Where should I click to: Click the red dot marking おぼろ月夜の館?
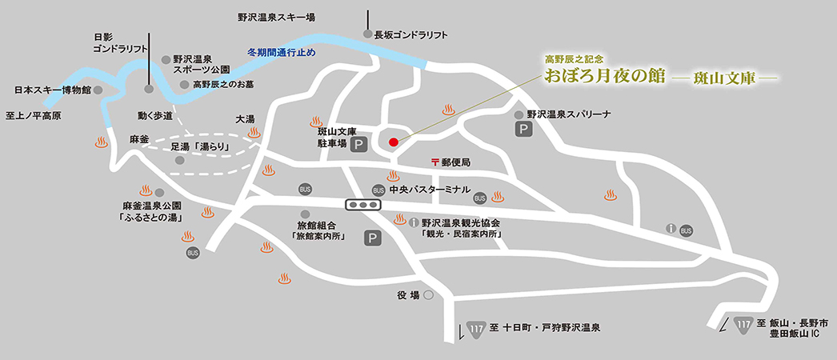pos(393,142)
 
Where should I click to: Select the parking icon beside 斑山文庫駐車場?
pos(360,145)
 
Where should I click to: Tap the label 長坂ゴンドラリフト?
pos(410,35)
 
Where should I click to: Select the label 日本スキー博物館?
pos(53,90)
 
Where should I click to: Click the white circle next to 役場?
pos(428,295)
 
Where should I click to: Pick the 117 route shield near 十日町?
pos(477,327)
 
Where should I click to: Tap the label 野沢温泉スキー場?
pos(276,16)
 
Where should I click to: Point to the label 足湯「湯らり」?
pos(200,147)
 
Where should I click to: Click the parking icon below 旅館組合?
pos(371,238)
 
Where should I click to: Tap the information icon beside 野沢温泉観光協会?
pos(414,223)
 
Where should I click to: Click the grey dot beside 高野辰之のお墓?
pos(185,84)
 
